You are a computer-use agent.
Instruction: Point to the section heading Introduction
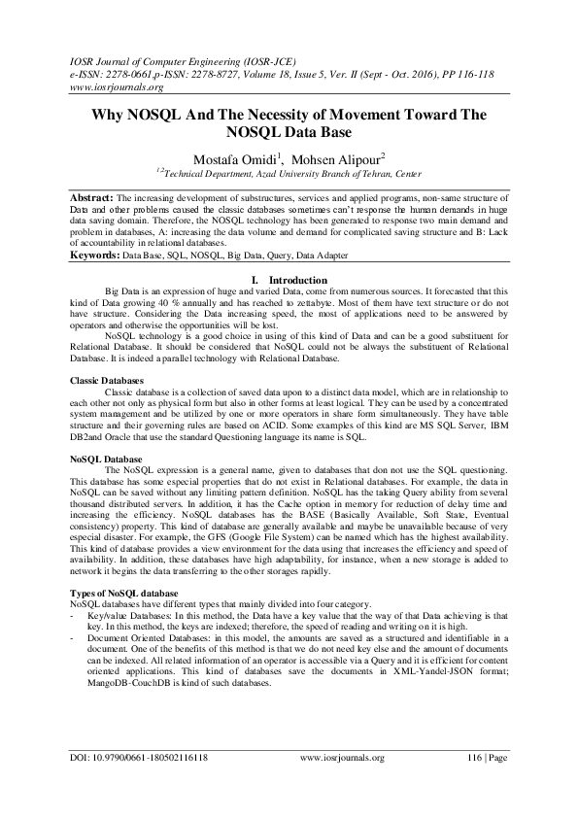tap(297, 280)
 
